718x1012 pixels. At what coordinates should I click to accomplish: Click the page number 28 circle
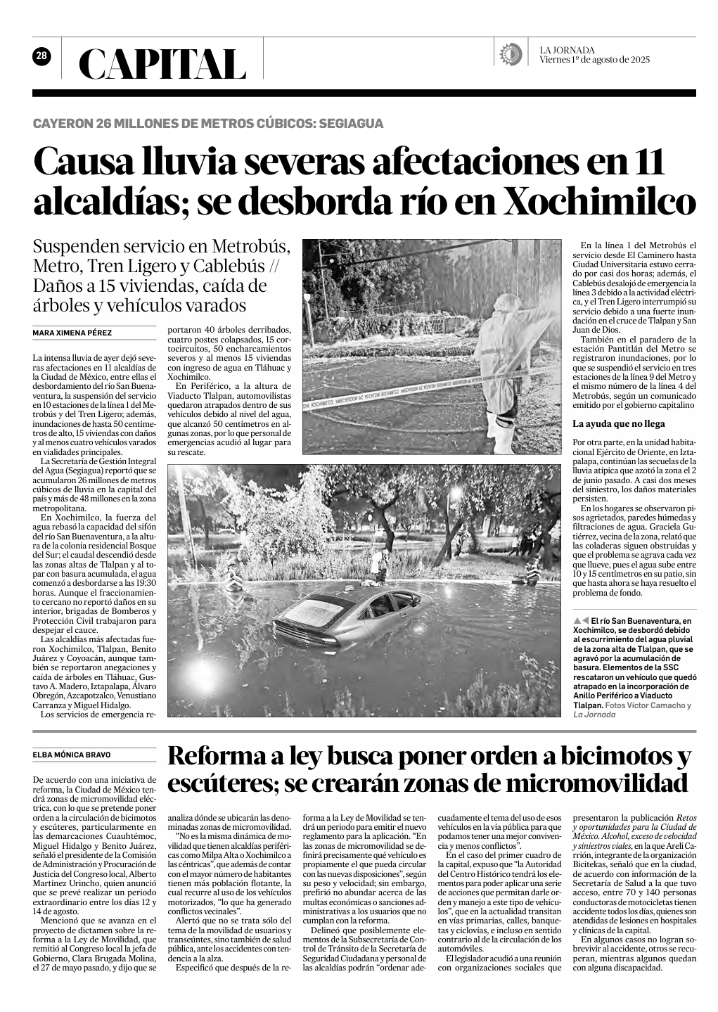pyautogui.click(x=41, y=56)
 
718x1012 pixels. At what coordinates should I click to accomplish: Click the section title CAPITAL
pyautogui.click(x=162, y=65)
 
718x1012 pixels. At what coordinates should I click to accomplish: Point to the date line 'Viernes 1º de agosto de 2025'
pyautogui.click(x=594, y=60)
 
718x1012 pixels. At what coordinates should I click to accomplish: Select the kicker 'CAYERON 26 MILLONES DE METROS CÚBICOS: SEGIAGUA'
pyautogui.click(x=208, y=124)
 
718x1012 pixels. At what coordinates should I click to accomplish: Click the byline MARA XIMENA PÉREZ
pyautogui.click(x=72, y=333)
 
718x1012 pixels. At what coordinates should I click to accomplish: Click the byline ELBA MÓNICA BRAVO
pyautogui.click(x=72, y=755)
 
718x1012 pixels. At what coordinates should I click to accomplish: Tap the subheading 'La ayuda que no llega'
pyautogui.click(x=619, y=423)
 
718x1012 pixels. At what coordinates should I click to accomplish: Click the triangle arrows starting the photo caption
pyautogui.click(x=581, y=621)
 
